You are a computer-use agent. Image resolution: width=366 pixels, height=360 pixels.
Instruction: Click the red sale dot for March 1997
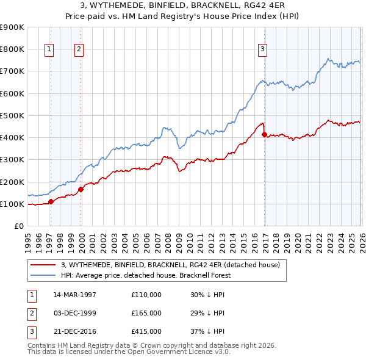click(x=51, y=201)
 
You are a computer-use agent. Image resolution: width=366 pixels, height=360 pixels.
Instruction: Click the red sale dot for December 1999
click(x=81, y=189)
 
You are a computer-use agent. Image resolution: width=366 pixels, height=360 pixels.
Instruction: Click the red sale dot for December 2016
click(x=264, y=134)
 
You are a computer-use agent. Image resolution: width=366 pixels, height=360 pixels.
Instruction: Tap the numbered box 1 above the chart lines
click(x=49, y=50)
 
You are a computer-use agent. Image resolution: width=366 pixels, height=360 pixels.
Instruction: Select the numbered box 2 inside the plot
click(x=79, y=50)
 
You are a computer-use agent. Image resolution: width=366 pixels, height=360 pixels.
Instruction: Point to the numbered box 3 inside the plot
click(x=262, y=50)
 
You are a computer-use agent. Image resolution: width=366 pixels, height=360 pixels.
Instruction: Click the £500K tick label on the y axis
click(x=12, y=115)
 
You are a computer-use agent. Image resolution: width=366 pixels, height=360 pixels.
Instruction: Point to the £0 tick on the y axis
click(x=20, y=226)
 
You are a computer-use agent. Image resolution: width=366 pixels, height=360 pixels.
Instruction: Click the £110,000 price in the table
click(x=146, y=295)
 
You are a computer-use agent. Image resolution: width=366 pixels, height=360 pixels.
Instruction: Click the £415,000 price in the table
click(x=146, y=331)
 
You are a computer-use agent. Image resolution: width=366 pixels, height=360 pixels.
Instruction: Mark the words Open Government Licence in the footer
click(x=178, y=352)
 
